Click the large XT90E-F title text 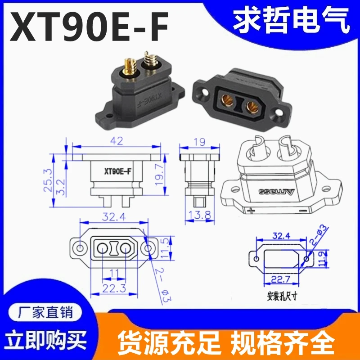point(89,27)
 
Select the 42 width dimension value point(117,141)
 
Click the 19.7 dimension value point(159,175)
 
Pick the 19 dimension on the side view point(199,142)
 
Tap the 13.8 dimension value point(199,215)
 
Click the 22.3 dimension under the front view point(114,288)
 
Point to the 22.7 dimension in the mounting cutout point(281,279)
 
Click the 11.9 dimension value point(322,259)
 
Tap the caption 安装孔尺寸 point(282,297)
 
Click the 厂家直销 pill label point(45,312)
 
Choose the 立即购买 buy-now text point(45,340)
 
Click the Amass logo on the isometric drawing point(276,192)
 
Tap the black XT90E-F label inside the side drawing point(118,171)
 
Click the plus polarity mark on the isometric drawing point(251,210)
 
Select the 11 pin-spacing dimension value point(114,273)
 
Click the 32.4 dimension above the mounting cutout point(281,235)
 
